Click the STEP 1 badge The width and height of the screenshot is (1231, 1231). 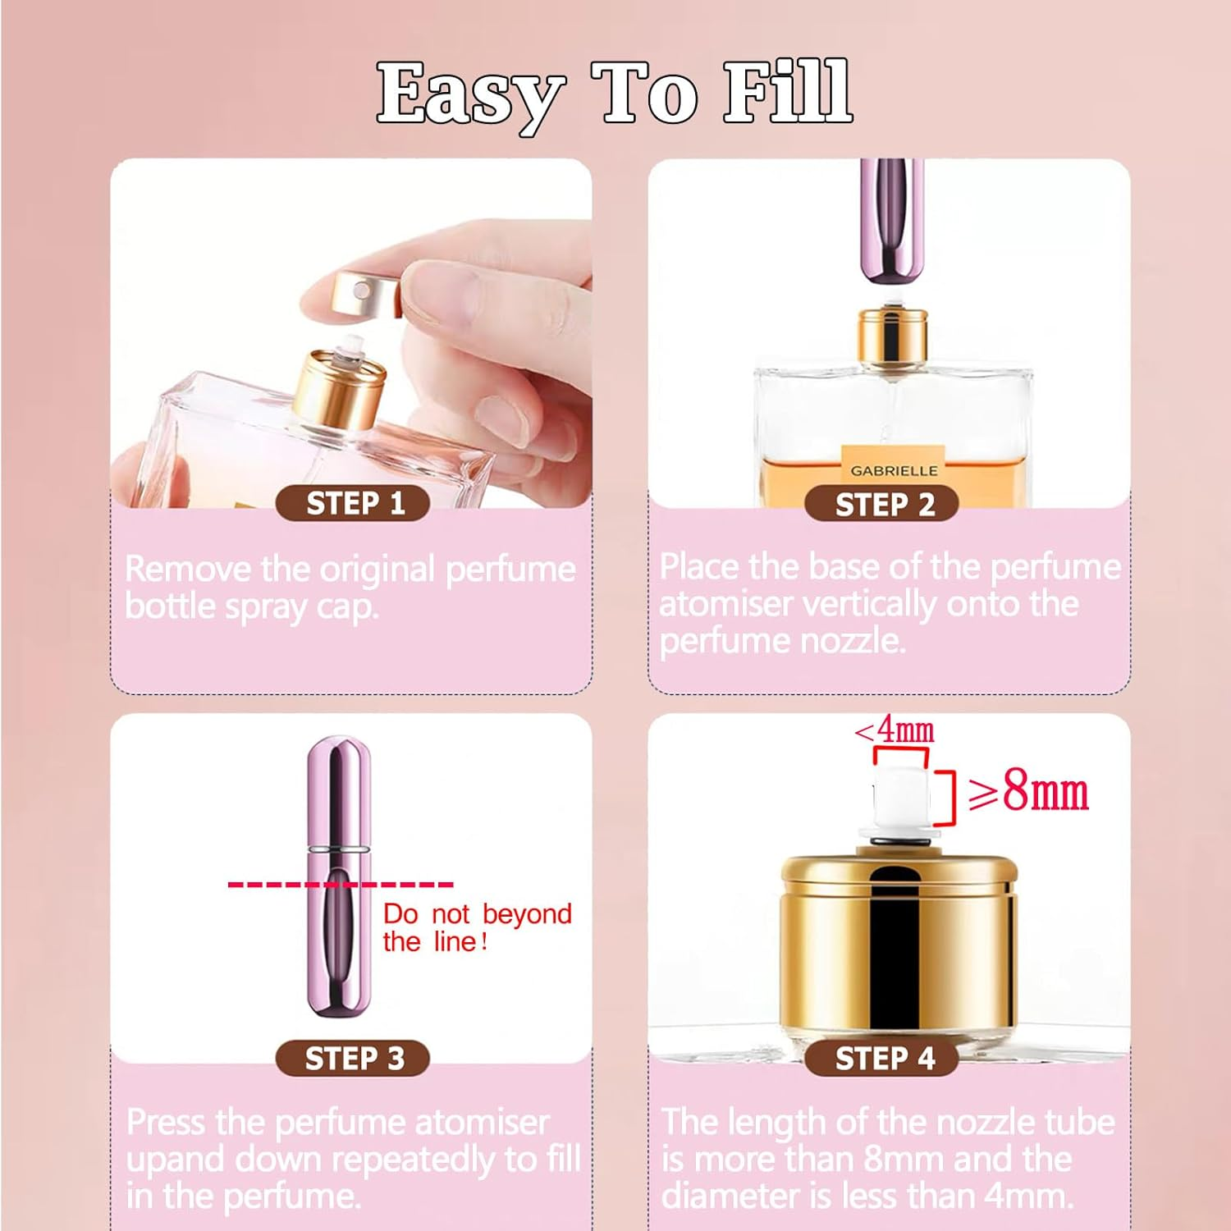pos(354,503)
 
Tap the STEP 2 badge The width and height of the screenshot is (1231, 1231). pos(883,504)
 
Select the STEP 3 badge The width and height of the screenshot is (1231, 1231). pos(354,1058)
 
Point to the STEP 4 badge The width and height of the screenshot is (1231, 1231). pos(883,1058)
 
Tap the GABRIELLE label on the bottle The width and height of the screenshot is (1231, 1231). pos(894,471)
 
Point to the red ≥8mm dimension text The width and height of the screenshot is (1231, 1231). pos(1029,792)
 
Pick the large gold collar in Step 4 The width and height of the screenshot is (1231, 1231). pos(899,944)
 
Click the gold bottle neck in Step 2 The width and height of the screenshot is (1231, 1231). pos(893,336)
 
